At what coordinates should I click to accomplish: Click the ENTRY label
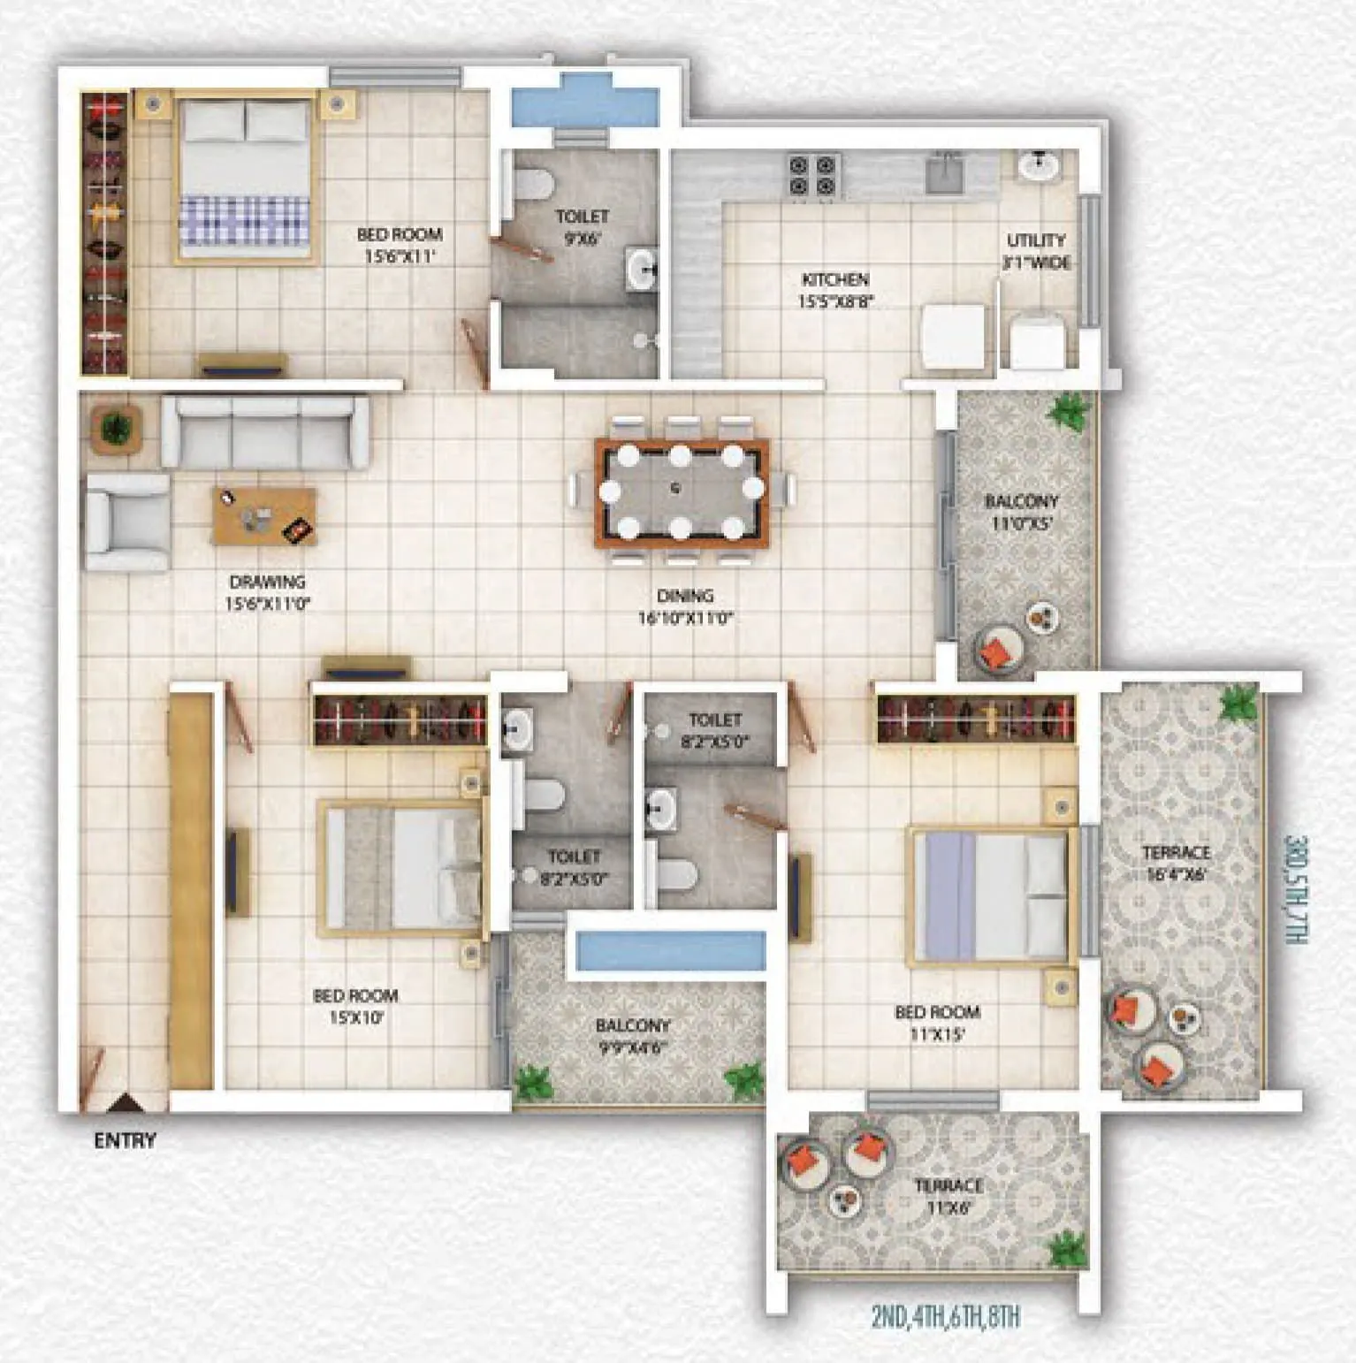tap(125, 1140)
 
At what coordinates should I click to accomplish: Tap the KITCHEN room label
tap(834, 279)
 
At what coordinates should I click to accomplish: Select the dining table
tap(681, 491)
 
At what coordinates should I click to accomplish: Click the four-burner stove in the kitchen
tap(811, 174)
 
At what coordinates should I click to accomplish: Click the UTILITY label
tap(1036, 240)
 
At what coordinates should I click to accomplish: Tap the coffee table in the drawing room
tap(264, 516)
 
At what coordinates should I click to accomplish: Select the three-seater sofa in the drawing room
tap(264, 431)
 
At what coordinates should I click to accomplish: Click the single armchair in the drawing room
tap(127, 522)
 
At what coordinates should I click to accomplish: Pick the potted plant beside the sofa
tap(115, 429)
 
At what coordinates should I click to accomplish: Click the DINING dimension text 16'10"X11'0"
tap(685, 618)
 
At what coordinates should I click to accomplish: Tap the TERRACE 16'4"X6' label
tap(1175, 863)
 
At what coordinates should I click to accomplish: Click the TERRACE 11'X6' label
tap(948, 1196)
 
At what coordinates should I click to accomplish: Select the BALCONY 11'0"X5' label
tap(1021, 512)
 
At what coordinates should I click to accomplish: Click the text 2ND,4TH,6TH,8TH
tap(945, 1316)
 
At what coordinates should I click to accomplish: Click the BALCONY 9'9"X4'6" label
tap(632, 1036)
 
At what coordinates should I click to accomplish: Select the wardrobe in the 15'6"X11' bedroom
tap(104, 233)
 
